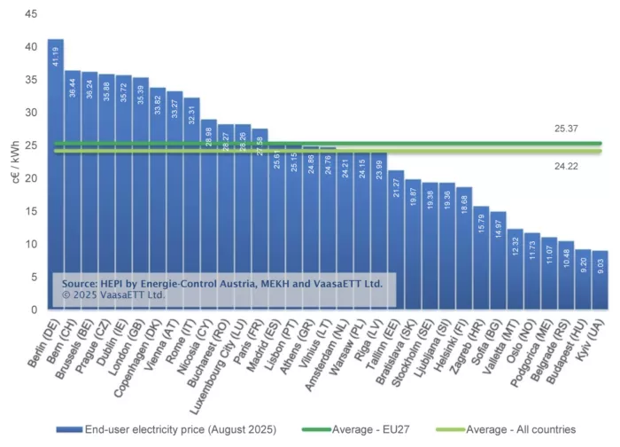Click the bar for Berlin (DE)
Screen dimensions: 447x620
coord(56,177)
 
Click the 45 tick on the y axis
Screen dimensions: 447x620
coord(31,14)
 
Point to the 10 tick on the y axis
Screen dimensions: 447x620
coord(31,244)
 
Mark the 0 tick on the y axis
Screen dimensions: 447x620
coord(34,310)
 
